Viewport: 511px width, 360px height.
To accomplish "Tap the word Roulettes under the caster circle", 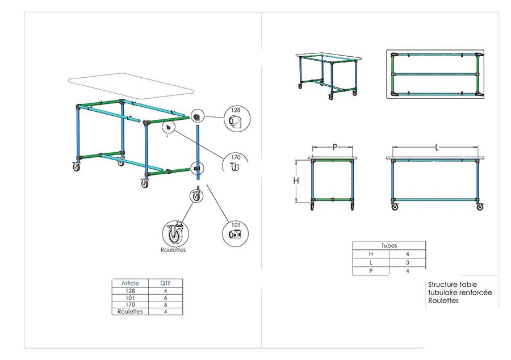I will pos(173,249).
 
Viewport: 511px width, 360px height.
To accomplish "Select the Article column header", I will pos(130,283).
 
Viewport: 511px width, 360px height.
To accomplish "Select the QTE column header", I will pos(165,283).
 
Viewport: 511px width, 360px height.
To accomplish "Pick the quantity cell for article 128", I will pos(165,290).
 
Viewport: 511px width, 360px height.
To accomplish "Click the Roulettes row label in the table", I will pos(130,311).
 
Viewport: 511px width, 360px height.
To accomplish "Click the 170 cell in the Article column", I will pos(130,304).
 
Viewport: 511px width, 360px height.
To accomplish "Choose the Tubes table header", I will pos(389,245).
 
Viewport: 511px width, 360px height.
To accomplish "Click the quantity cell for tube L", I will pos(407,263).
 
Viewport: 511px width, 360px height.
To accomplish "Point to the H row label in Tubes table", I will pos(371,254).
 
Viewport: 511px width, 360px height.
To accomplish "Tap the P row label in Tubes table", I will pos(371,271).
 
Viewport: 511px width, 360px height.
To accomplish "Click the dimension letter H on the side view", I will pos(296,181).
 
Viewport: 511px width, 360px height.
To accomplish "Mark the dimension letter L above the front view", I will pos(437,147).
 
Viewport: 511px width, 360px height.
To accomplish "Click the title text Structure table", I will pos(453,284).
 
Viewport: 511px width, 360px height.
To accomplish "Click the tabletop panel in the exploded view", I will pos(130,85).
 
